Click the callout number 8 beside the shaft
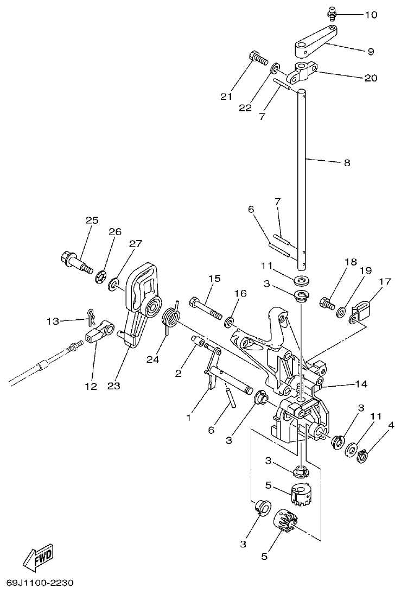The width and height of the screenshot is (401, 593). [347, 162]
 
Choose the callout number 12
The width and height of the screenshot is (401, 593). [90, 387]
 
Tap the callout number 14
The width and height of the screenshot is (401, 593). [361, 384]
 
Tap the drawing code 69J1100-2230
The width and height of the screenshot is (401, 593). [37, 583]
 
